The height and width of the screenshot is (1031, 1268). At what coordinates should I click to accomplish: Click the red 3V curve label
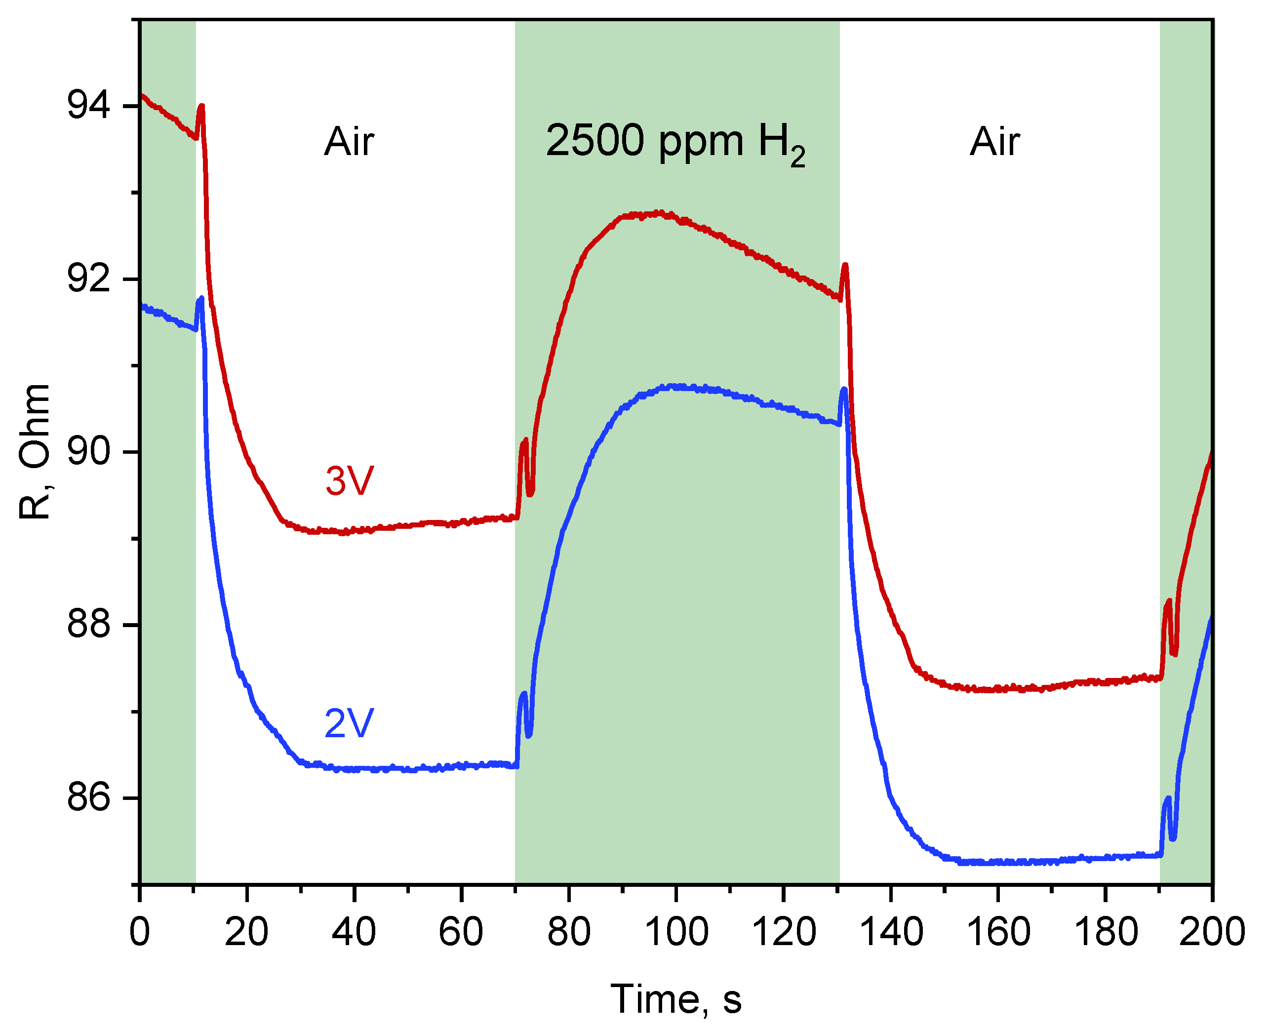click(x=349, y=480)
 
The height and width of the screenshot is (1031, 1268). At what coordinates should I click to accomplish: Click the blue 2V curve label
click(x=349, y=723)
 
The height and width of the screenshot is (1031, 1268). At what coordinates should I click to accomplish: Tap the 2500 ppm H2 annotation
click(x=675, y=143)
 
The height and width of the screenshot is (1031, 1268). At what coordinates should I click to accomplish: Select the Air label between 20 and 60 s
click(x=349, y=143)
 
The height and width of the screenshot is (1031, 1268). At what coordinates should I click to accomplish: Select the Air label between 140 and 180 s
click(x=995, y=143)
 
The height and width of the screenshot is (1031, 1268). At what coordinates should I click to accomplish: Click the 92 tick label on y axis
click(x=89, y=278)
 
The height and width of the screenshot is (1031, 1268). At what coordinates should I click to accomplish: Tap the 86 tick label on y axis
click(x=89, y=797)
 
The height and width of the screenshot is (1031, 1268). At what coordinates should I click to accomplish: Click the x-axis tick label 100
click(x=676, y=932)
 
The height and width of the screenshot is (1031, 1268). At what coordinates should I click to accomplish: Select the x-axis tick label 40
click(x=354, y=932)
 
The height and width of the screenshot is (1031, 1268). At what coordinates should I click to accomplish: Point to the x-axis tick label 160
click(x=998, y=932)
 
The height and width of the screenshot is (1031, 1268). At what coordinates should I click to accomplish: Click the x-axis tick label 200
click(x=1212, y=932)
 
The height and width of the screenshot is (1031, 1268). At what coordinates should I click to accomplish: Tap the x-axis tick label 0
click(x=140, y=932)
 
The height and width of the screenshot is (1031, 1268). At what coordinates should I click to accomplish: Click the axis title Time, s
click(x=676, y=999)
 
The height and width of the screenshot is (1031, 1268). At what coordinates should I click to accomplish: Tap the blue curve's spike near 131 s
click(x=843, y=390)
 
